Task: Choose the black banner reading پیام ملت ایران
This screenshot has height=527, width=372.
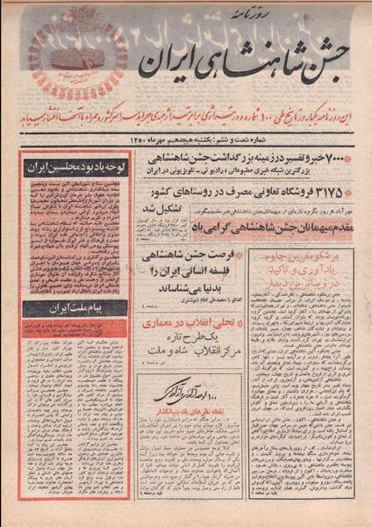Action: [75, 309]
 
